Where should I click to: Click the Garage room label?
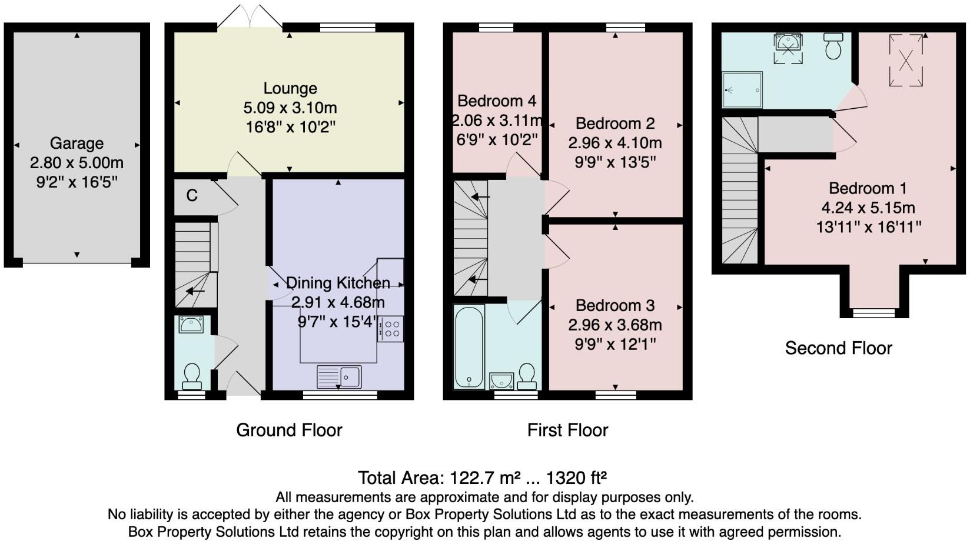pos(77,143)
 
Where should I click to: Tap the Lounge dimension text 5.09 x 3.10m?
pos(290,108)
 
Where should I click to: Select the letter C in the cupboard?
pos(191,195)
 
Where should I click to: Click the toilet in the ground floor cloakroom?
pos(192,376)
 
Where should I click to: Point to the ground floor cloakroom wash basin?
pos(191,324)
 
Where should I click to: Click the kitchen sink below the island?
pos(339,376)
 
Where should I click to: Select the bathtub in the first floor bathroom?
pos(469,347)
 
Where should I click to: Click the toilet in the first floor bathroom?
pos(527,376)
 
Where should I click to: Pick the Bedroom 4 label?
pos(496,101)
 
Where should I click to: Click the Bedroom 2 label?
pos(614,123)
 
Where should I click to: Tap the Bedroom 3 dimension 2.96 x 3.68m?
pos(614,325)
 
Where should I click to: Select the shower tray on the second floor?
pos(742,90)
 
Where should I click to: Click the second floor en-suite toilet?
pos(833,45)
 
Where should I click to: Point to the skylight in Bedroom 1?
pos(906,60)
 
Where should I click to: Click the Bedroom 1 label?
pos(868,188)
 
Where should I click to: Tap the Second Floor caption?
pos(838,348)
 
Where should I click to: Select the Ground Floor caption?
pos(289,430)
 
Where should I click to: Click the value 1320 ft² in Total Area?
pos(576,477)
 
